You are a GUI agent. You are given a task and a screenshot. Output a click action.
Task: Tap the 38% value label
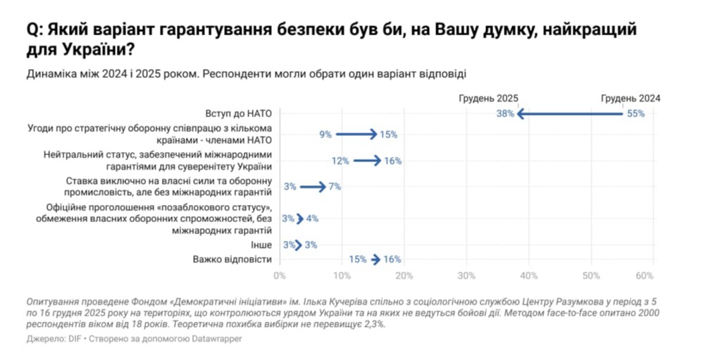coord(505,113)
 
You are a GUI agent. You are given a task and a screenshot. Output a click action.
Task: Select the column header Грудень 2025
coord(488,99)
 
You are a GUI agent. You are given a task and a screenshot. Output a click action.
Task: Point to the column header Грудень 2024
coord(631,99)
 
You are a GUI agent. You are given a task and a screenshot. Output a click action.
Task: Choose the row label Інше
coord(261,245)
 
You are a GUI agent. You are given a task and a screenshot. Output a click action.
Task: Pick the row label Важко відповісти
coord(232,259)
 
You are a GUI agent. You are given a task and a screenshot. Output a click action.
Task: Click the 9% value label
coord(325,134)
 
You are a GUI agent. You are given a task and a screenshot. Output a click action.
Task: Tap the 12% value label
coord(341,161)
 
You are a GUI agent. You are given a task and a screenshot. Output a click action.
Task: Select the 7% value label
coord(335,187)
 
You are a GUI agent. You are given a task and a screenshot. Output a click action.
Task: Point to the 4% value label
coord(312,218)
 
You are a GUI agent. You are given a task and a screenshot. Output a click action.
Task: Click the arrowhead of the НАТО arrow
coord(520,113)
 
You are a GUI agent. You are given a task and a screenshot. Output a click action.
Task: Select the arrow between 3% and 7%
coord(312,187)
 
